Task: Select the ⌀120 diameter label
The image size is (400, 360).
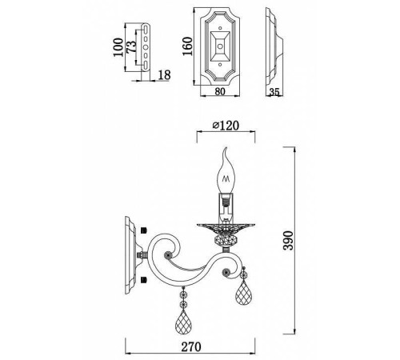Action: click(226, 126)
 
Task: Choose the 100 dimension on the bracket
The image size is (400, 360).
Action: click(119, 54)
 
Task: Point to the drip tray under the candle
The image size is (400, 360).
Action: click(227, 224)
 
